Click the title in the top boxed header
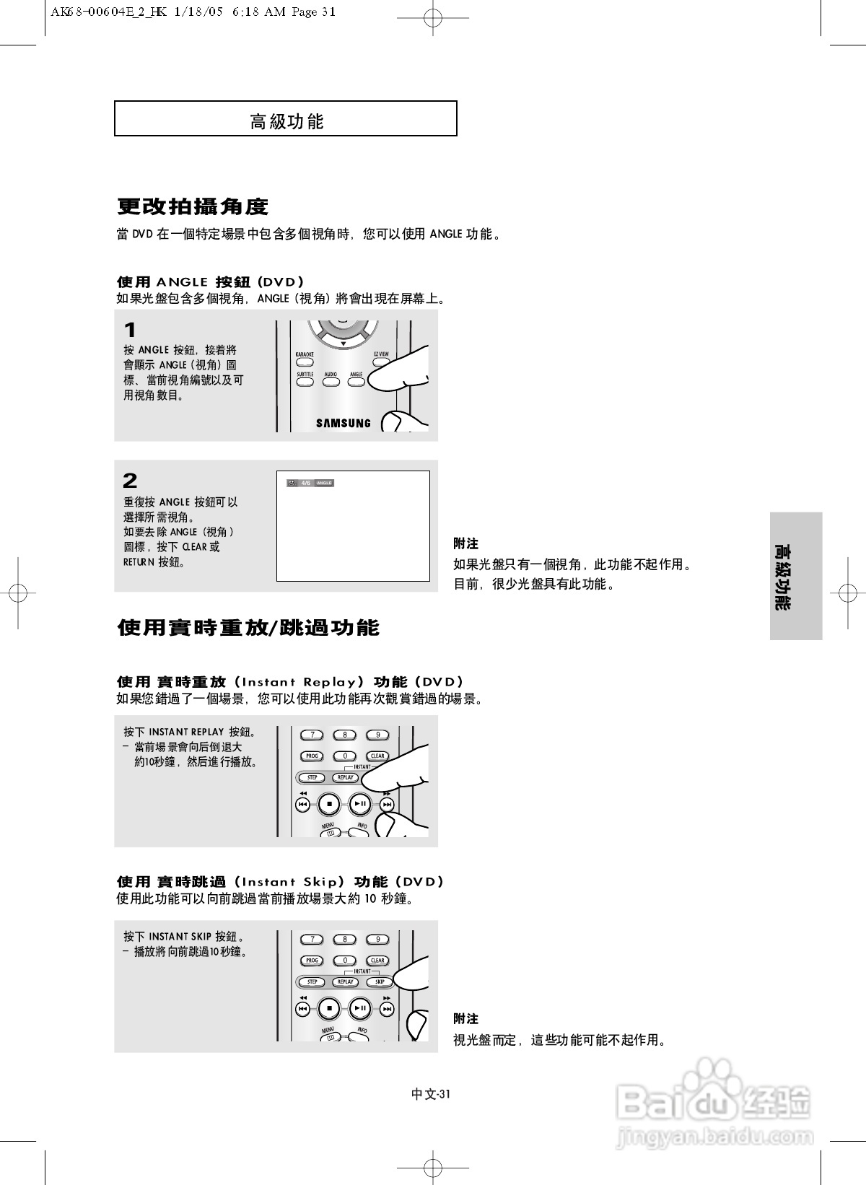[x=287, y=121]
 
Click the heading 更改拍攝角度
[x=193, y=207]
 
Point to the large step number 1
[x=130, y=331]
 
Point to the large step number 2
[x=130, y=481]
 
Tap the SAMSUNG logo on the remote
[x=344, y=424]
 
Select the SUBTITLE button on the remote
[x=305, y=381]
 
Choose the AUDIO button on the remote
[x=331, y=381]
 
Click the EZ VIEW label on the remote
[x=381, y=354]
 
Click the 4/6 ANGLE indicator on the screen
[x=310, y=483]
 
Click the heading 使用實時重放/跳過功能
[x=248, y=628]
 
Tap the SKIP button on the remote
[x=380, y=981]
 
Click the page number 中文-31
[x=431, y=1094]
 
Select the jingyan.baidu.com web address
[x=714, y=1138]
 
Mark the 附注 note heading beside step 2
[x=466, y=543]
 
